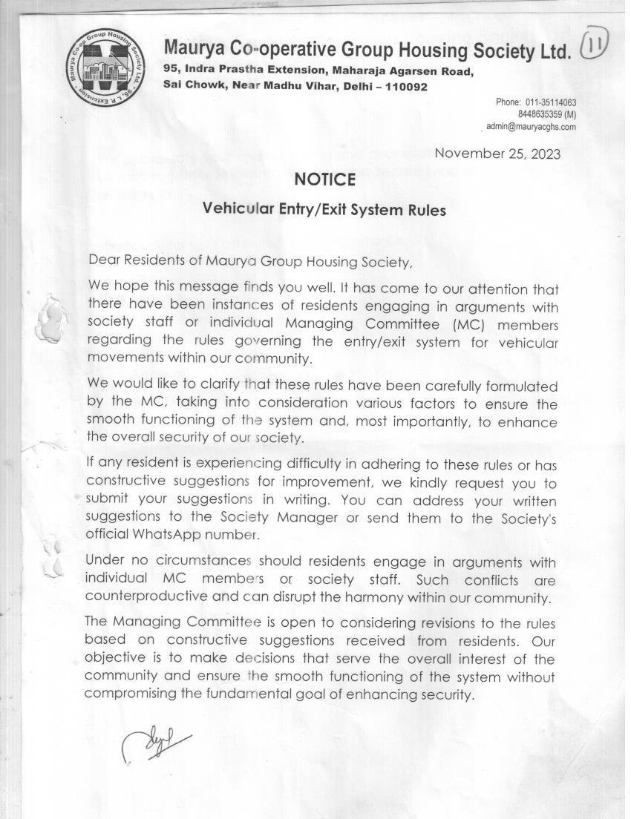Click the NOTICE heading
(324, 180)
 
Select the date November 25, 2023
(497, 154)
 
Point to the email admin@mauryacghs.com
(531, 127)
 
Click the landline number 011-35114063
(551, 102)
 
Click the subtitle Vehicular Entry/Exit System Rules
(324, 210)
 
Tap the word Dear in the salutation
(103, 260)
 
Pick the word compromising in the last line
(130, 694)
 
